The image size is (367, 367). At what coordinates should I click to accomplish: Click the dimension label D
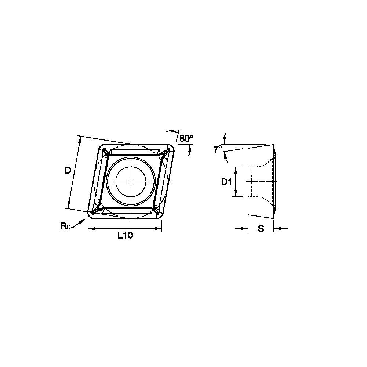[68, 171]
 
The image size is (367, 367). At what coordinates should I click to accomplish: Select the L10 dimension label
[125, 235]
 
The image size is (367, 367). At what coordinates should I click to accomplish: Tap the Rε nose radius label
[65, 226]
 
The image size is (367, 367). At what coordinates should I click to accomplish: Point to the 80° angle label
[186, 138]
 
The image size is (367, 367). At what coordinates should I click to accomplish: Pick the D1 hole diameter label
[226, 182]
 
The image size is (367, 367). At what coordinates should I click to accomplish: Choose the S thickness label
[261, 228]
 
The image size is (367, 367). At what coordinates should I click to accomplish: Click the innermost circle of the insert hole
[131, 182]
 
